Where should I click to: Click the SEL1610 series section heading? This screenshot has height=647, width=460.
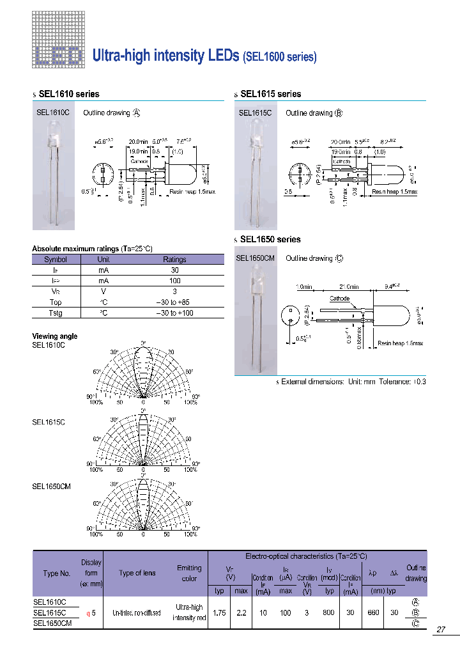[69, 94]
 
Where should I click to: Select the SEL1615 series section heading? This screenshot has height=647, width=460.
[270, 94]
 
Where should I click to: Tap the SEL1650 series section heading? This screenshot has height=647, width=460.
[270, 239]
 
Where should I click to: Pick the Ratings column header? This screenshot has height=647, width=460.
[174, 260]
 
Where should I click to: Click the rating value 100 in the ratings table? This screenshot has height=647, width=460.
[174, 281]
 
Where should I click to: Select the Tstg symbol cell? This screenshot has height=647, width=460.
[56, 313]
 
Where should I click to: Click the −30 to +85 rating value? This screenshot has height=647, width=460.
[174, 302]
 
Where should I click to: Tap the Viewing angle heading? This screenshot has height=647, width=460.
[55, 336]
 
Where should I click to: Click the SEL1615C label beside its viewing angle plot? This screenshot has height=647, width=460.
[49, 422]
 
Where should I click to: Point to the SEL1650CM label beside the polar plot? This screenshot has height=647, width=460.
[51, 486]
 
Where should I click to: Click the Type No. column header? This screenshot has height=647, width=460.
[56, 573]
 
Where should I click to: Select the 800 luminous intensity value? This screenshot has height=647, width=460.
[329, 612]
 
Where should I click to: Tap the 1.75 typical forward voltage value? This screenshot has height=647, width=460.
[219, 612]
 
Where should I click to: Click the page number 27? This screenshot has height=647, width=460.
[441, 630]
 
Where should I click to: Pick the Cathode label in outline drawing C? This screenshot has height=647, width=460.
[339, 299]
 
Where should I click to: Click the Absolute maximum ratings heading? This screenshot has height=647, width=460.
[92, 249]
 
